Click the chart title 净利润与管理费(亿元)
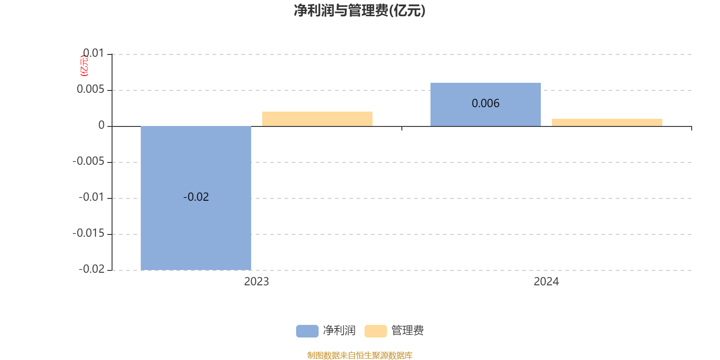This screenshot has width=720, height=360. [x=360, y=10]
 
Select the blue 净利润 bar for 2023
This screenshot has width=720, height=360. [x=196, y=198]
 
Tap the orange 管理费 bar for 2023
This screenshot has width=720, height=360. [x=317, y=119]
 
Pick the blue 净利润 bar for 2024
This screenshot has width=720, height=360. [x=486, y=104]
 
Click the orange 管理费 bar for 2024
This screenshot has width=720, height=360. [x=607, y=122]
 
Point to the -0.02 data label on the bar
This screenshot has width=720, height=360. [x=196, y=197]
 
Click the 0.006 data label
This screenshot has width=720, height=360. [x=486, y=103]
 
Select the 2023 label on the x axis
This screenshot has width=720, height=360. [x=256, y=282]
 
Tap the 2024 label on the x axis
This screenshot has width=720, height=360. [x=546, y=282]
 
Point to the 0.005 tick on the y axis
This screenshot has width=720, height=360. [x=90, y=89]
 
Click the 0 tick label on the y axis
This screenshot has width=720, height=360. [x=101, y=125]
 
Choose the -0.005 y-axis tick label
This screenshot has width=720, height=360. [x=88, y=161]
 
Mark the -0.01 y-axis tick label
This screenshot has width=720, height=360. [x=91, y=197]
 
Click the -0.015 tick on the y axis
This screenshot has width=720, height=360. [x=88, y=233]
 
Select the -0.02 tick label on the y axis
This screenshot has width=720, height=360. [x=91, y=269]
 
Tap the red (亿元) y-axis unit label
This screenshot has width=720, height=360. [x=84, y=66]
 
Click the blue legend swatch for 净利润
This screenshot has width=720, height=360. [x=307, y=331]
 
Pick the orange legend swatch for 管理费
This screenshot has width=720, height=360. [x=376, y=331]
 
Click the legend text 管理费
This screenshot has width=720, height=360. [x=408, y=331]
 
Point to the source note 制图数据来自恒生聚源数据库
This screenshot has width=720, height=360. [x=360, y=355]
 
